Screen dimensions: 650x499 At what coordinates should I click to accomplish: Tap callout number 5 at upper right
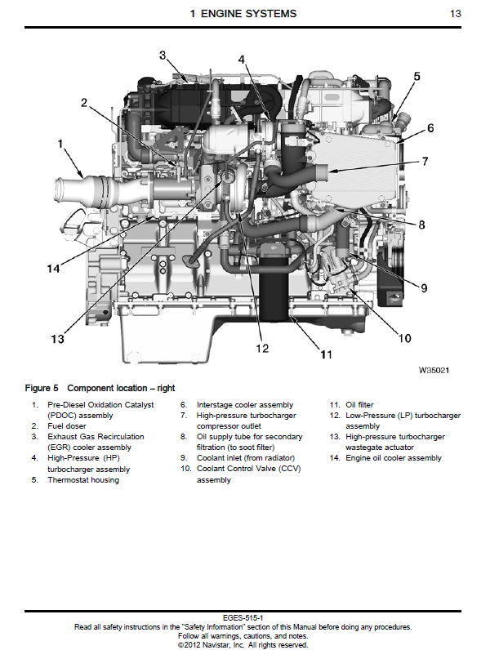(x=417, y=77)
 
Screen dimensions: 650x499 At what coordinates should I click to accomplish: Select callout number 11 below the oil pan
(x=325, y=354)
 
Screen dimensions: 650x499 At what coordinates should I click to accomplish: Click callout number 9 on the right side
(x=425, y=287)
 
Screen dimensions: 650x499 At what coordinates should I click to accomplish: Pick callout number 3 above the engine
(x=163, y=56)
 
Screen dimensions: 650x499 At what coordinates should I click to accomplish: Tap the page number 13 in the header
(x=456, y=14)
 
